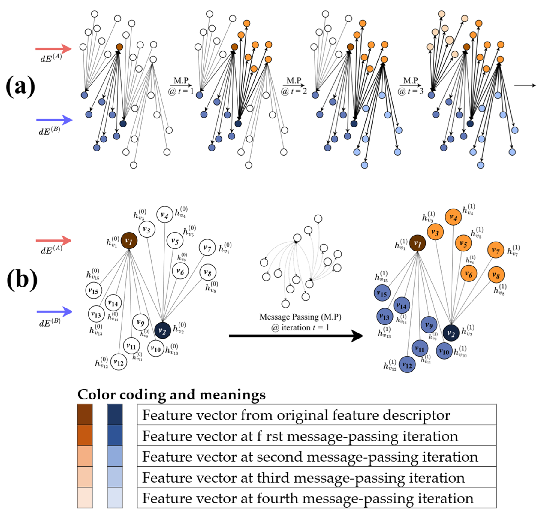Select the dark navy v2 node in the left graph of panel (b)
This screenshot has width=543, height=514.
point(163,330)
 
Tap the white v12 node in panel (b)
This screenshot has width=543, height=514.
point(119,362)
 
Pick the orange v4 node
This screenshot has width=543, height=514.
point(453,217)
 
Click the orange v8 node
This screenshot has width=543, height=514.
point(496,275)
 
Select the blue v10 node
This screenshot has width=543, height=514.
point(444,351)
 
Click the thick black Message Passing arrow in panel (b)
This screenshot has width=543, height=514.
point(296,336)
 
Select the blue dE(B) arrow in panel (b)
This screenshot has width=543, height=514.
point(54,311)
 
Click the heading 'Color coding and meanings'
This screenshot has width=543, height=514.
point(171,395)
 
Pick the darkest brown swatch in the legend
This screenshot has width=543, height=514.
point(85,414)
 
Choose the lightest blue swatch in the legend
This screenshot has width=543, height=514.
point(115,497)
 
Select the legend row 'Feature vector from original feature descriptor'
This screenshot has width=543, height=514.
point(296,415)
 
